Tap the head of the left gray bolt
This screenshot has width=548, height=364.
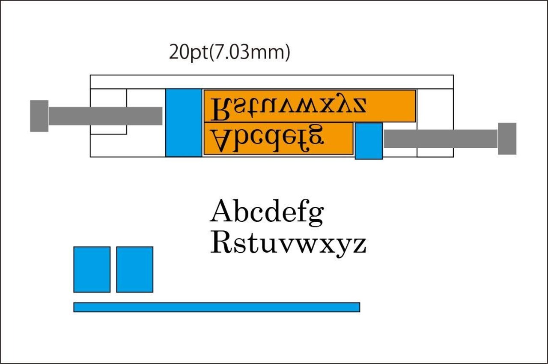(x=39, y=116)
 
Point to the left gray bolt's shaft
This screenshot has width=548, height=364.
(x=105, y=116)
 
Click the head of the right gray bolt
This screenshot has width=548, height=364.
(x=507, y=138)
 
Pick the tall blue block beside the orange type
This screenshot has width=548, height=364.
(x=184, y=122)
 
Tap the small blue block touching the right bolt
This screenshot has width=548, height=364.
(x=369, y=141)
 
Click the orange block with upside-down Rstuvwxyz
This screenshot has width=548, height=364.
(x=310, y=106)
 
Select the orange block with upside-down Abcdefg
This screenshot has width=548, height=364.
(x=278, y=138)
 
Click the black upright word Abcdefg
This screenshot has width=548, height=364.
(x=266, y=213)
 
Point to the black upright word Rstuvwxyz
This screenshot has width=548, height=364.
(x=288, y=245)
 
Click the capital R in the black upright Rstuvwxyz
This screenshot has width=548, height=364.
(x=221, y=243)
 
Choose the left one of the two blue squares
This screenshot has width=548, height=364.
(x=92, y=269)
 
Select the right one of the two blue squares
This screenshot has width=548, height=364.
(x=134, y=269)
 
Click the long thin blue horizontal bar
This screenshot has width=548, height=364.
(x=217, y=307)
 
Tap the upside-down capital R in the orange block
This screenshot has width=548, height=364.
(x=222, y=109)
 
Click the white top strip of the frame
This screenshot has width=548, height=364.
(x=271, y=82)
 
